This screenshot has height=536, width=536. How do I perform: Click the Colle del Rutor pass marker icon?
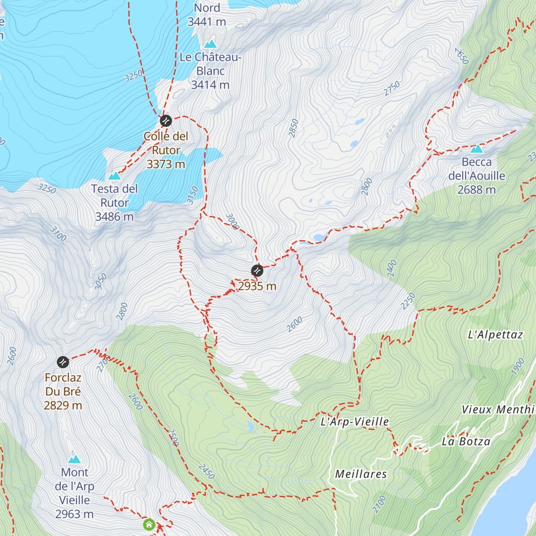(166, 121)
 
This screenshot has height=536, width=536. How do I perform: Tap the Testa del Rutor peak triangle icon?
(114, 176)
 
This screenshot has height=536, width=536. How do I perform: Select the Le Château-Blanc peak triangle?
(210, 44)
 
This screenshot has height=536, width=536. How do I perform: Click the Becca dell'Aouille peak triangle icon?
(477, 149)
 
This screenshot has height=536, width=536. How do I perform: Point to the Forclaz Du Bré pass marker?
(63, 361)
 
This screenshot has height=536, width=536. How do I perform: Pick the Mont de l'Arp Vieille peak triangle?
(75, 459)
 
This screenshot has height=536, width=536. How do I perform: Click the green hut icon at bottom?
(149, 524)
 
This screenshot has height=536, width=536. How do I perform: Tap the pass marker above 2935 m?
(257, 270)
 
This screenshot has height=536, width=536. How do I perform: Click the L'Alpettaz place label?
(495, 335)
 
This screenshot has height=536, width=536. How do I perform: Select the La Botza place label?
(466, 442)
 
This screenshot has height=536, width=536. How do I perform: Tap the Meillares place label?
(361, 474)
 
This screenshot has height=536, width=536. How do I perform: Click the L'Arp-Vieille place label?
(355, 422)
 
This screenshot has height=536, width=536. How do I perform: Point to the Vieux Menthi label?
(498, 410)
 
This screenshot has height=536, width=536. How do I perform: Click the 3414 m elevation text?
(210, 85)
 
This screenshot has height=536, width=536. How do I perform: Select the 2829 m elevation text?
(63, 406)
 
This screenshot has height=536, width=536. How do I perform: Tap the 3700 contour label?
(58, 234)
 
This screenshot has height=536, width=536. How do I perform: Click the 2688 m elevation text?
(477, 190)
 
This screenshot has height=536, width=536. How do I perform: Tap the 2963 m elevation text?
(75, 514)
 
